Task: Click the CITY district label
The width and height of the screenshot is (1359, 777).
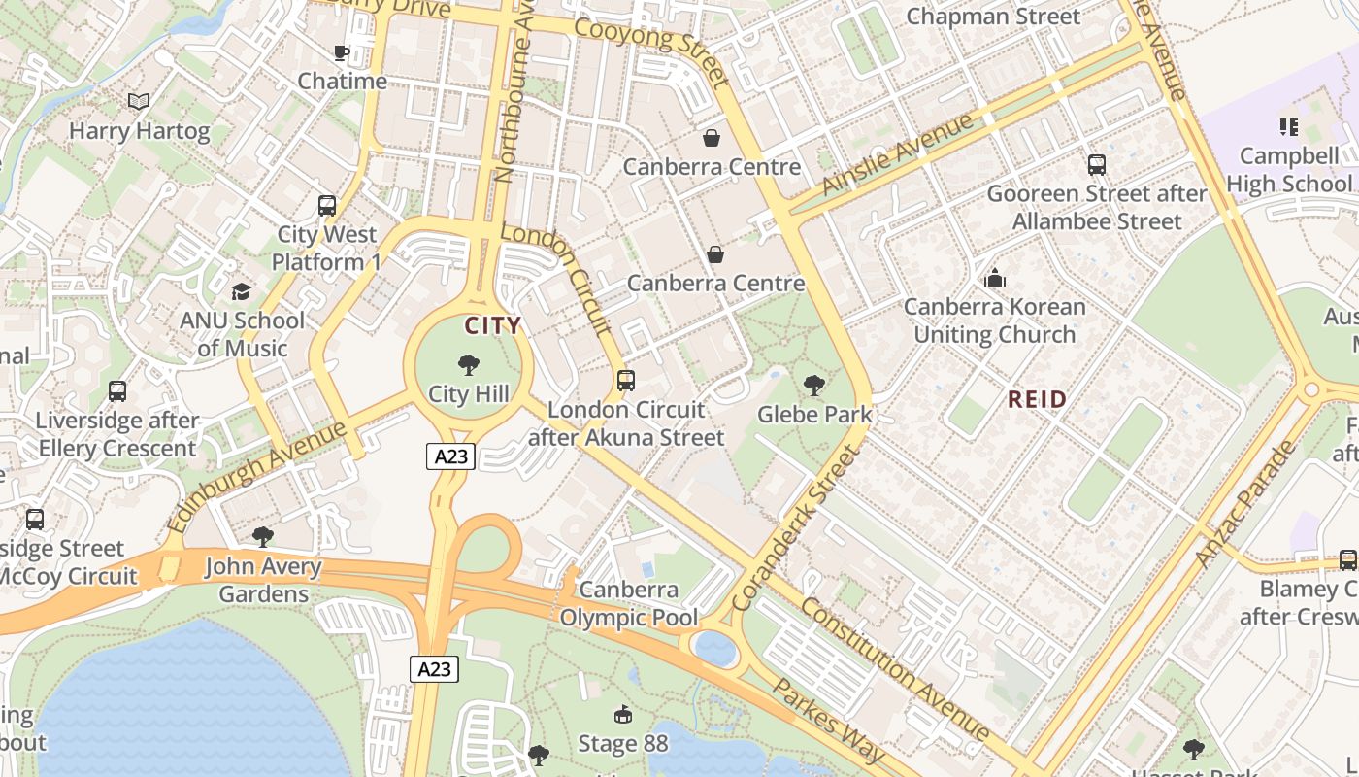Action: tap(492, 325)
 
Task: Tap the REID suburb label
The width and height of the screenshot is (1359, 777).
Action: tap(1037, 398)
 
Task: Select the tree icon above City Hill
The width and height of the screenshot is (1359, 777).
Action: tap(469, 365)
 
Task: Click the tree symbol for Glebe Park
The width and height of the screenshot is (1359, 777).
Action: tap(814, 386)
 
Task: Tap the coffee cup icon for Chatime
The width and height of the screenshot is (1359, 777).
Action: tap(342, 52)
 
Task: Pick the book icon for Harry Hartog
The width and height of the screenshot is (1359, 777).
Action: tap(139, 101)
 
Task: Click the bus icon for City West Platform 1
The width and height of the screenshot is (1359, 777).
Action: tap(327, 206)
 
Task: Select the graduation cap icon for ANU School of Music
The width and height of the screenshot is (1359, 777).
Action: tap(241, 291)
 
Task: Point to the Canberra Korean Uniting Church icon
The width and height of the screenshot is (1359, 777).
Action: tap(995, 279)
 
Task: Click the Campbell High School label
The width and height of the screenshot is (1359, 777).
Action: tap(1288, 169)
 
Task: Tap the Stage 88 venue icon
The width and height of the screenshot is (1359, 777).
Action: tap(623, 716)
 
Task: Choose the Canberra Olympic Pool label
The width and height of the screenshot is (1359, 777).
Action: tap(629, 603)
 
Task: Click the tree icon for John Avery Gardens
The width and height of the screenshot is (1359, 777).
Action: tap(262, 537)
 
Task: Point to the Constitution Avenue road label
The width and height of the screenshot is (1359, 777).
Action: tap(894, 668)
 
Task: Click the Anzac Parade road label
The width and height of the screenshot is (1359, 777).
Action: tap(1245, 504)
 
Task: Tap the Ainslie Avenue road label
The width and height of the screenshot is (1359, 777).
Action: tap(897, 153)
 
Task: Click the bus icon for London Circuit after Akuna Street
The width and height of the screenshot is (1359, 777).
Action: tap(626, 381)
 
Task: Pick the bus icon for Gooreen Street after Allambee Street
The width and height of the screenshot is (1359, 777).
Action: tap(1097, 165)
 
